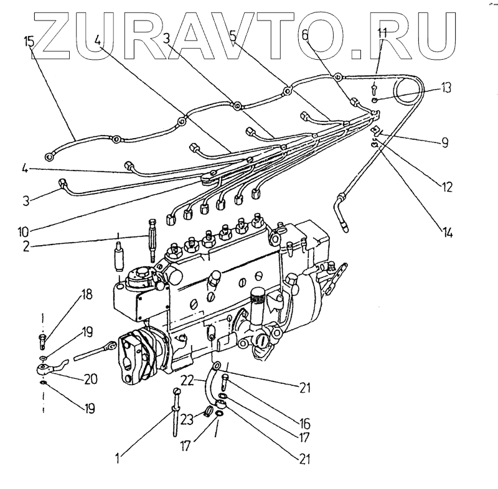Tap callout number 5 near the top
pos(233,36)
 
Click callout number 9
pos(444,142)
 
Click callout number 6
pos(304,36)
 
